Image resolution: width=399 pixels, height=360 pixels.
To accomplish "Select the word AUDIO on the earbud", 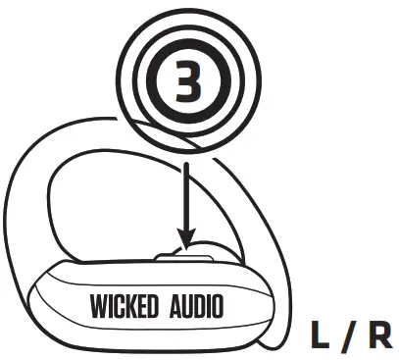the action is point(190,306).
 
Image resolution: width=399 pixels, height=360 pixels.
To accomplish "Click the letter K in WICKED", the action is point(125,306).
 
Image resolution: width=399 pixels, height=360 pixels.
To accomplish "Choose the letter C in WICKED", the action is point(116,306).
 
